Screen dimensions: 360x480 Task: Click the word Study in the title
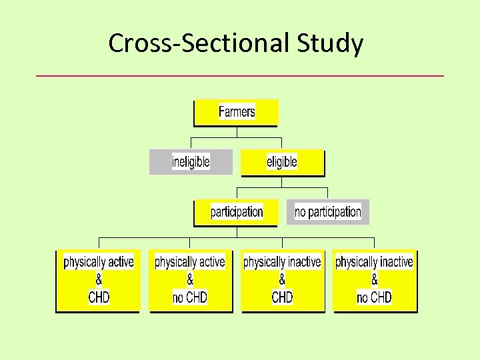tap(331, 44)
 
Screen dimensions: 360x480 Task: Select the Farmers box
tap(236, 112)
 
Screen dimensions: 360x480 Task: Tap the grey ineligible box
tap(191, 161)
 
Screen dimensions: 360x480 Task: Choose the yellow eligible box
tap(282, 162)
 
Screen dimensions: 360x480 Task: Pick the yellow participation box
tap(236, 212)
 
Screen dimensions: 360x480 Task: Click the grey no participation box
tap(328, 212)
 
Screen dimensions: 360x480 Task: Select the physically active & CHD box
tap(98, 280)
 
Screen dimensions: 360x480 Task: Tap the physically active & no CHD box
tap(190, 280)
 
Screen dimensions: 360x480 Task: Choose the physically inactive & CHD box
tap(282, 280)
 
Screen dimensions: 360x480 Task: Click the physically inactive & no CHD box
tap(374, 280)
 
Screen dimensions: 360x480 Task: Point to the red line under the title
tap(239, 76)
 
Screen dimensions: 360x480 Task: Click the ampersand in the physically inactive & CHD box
tap(282, 280)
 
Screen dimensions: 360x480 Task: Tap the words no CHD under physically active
tap(190, 297)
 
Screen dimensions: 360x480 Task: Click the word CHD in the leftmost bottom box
tap(99, 297)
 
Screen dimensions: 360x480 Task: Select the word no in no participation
tap(301, 212)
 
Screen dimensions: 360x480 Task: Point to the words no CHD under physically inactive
tap(374, 297)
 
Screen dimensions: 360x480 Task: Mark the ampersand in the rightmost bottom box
tap(374, 280)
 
